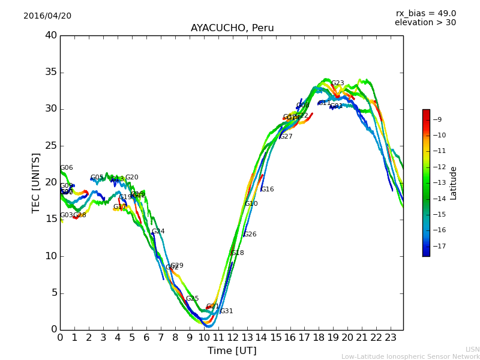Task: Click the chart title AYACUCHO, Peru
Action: (232, 28)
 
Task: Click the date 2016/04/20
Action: (47, 16)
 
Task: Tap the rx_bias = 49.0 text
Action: (425, 14)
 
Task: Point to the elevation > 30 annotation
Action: (425, 23)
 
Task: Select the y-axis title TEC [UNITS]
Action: (37, 182)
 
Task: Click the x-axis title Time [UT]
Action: (232, 351)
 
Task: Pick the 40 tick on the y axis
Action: (51, 35)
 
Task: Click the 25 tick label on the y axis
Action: (51, 146)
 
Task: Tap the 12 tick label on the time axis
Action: (233, 338)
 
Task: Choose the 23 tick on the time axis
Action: (391, 338)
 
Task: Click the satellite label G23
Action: (338, 83)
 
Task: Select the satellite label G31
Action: (226, 311)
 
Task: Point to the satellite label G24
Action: (158, 232)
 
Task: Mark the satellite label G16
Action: (267, 190)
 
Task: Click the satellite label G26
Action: (250, 235)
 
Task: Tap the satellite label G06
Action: (66, 168)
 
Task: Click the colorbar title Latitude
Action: (454, 183)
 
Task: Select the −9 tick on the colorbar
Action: (438, 119)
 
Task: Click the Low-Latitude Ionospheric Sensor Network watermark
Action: (410, 356)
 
